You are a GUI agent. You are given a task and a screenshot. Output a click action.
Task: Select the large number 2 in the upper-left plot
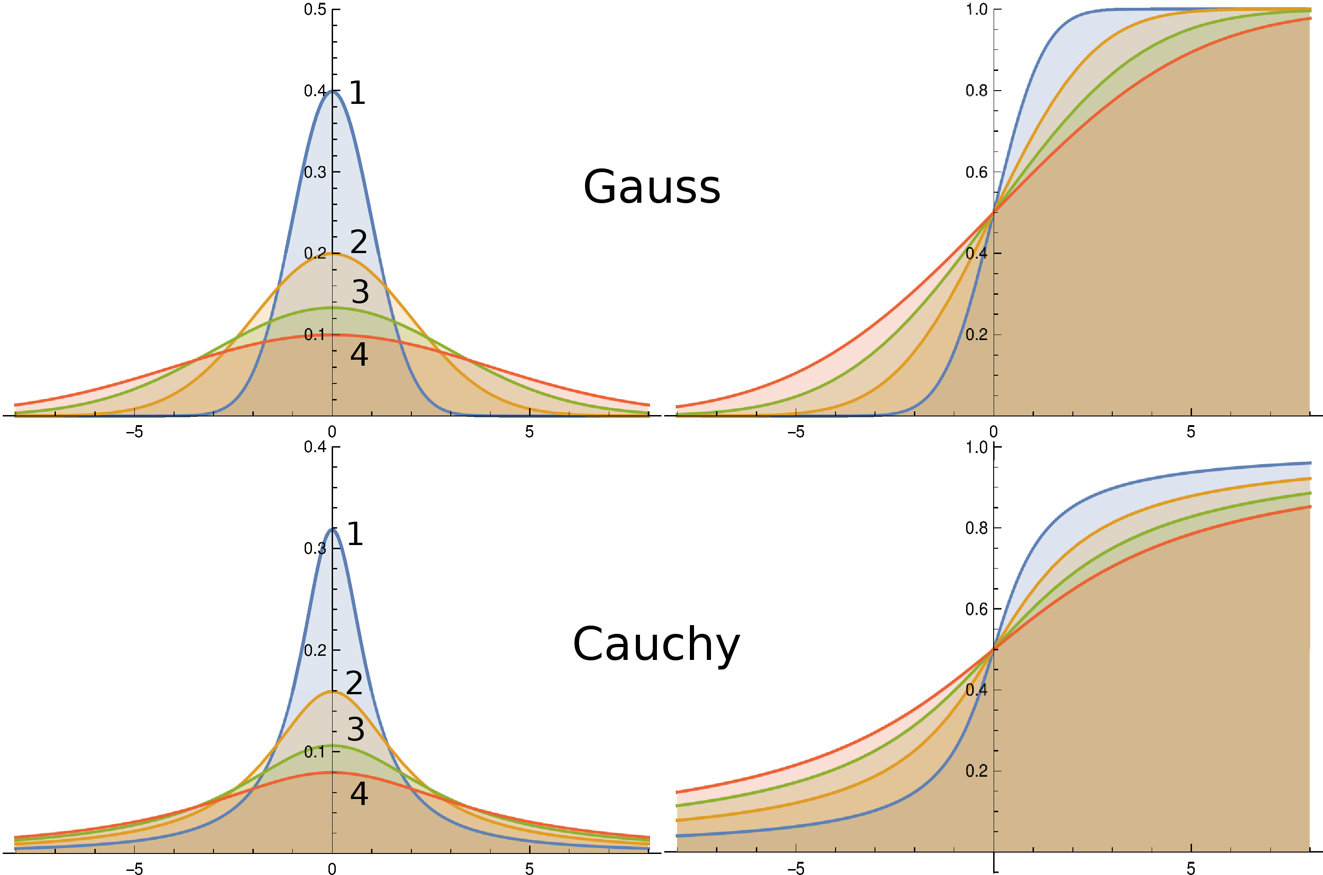click(359, 242)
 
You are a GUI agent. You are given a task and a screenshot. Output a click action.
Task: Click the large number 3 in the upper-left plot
click(360, 292)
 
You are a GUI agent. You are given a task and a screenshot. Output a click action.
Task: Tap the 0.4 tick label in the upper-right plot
click(976, 254)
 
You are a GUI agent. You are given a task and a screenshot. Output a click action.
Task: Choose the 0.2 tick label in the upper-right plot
click(976, 335)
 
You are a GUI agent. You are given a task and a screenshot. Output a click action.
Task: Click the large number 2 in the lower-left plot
click(355, 682)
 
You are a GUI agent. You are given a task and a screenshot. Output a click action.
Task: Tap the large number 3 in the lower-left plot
click(356, 729)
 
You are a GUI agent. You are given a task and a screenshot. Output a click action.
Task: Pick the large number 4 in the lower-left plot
click(359, 794)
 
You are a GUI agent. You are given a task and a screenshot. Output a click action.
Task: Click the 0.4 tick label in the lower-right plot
click(976, 690)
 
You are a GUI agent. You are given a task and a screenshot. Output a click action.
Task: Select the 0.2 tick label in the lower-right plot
click(976, 771)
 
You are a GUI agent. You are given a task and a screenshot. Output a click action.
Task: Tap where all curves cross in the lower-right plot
click(993, 648)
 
